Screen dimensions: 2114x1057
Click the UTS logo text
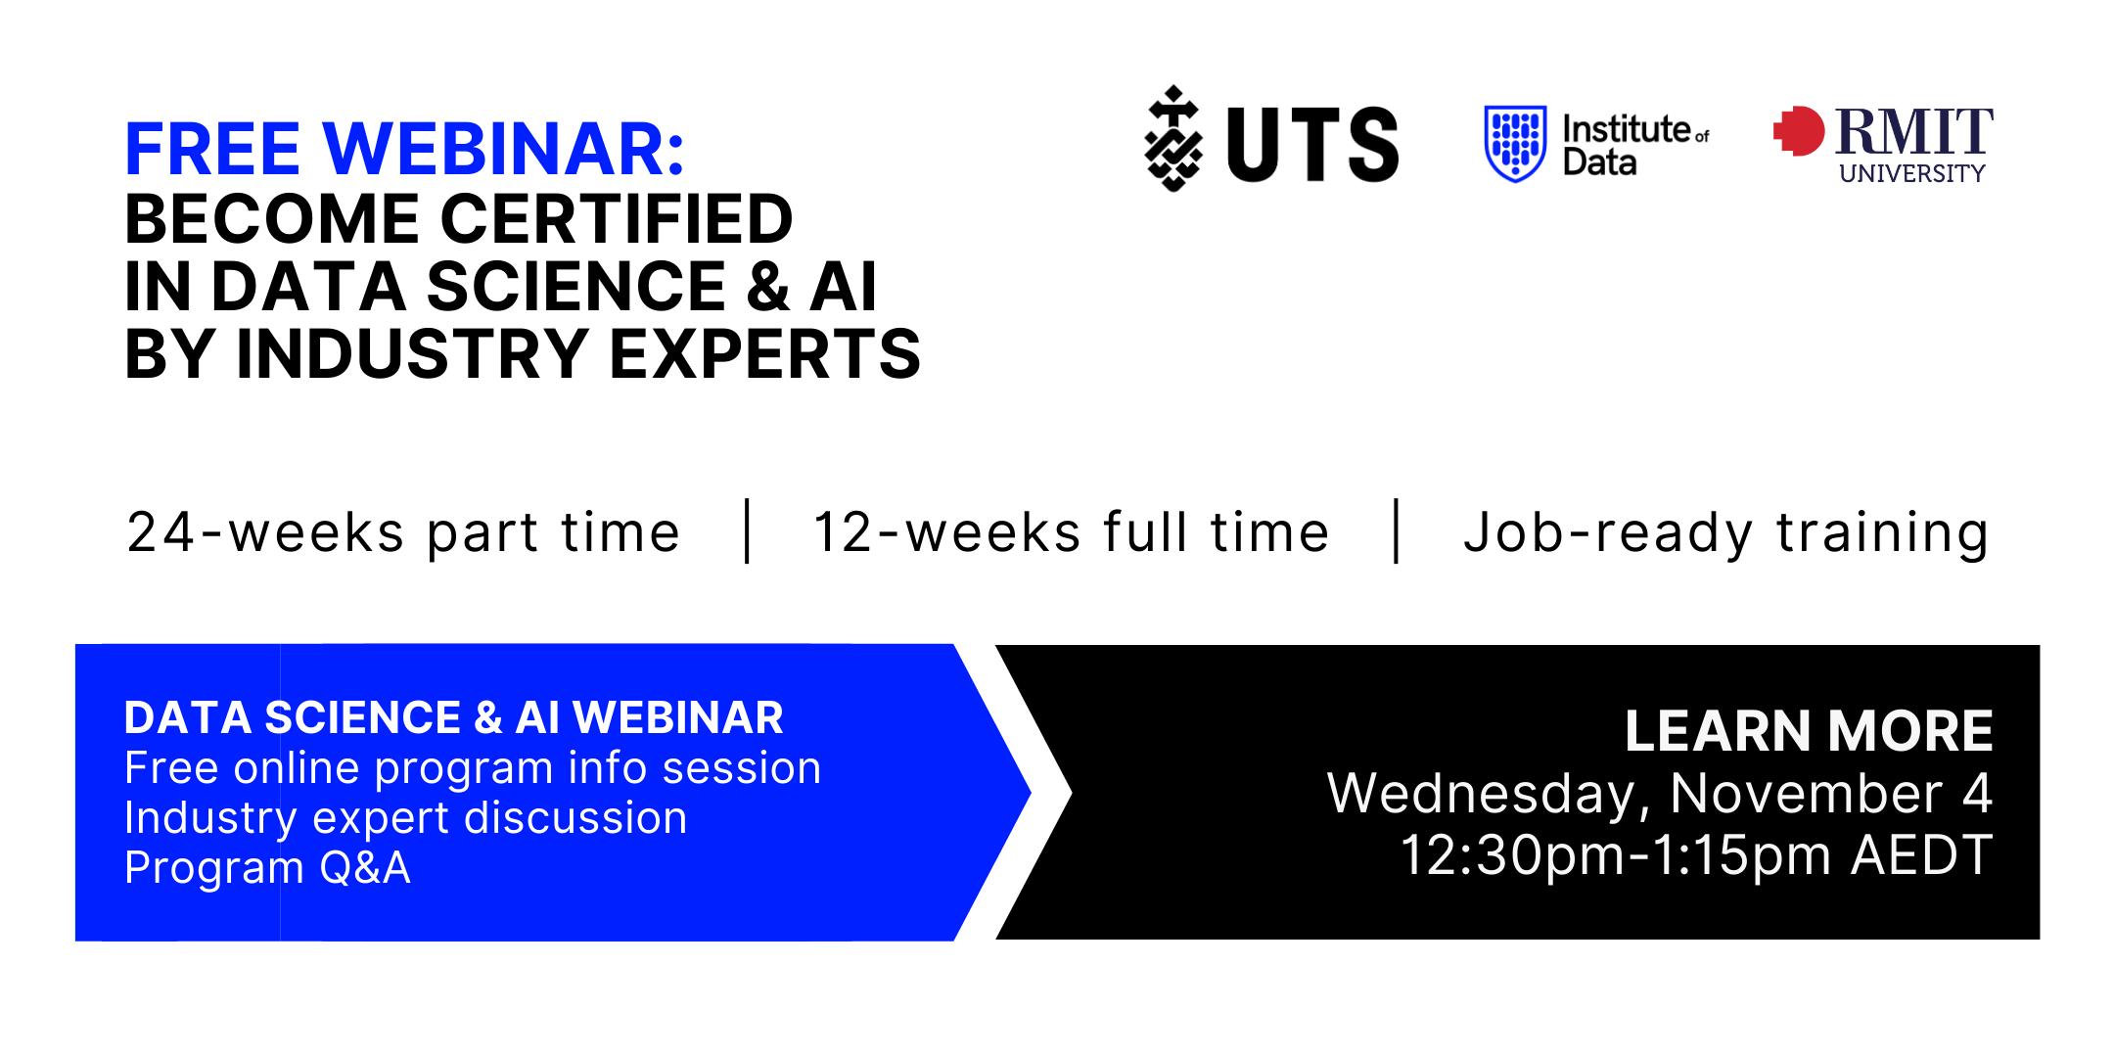click(x=1312, y=145)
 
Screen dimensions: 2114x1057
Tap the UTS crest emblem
click(x=1173, y=138)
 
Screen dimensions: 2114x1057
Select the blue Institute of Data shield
click(x=1515, y=144)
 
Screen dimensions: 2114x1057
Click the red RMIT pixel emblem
click(x=1799, y=131)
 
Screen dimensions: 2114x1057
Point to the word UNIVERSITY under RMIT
click(x=1912, y=173)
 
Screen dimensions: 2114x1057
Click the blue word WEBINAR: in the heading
click(x=504, y=150)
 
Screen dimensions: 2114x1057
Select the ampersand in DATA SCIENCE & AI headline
click(x=768, y=287)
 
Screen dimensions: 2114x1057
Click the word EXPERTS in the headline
click(x=765, y=354)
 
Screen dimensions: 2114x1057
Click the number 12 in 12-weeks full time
click(x=844, y=533)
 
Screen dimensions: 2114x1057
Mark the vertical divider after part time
click(x=748, y=531)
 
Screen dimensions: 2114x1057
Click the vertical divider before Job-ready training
click(x=1397, y=531)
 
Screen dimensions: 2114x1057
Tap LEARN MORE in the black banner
click(x=1809, y=731)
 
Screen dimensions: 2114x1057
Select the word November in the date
click(x=1807, y=794)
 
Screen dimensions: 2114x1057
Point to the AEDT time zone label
click(x=1922, y=856)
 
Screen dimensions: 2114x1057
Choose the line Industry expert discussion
click(x=406, y=819)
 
